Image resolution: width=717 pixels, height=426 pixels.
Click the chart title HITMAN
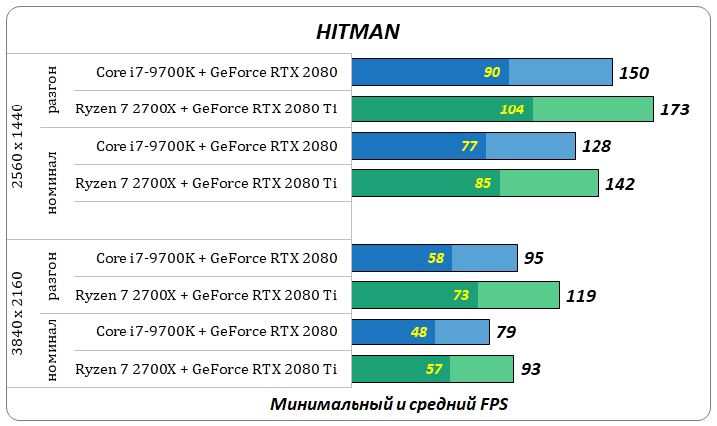(x=358, y=31)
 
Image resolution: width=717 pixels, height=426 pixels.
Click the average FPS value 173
(x=675, y=109)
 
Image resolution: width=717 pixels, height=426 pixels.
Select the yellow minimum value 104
(x=512, y=109)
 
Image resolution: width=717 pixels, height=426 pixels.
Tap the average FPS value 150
(x=634, y=73)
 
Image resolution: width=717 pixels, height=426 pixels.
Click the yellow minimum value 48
(x=419, y=332)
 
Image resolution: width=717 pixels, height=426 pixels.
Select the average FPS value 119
(x=580, y=296)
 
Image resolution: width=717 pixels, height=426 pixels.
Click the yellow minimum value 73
(x=461, y=296)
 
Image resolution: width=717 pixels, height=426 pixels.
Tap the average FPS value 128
(x=597, y=147)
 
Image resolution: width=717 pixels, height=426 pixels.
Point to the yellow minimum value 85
(x=483, y=184)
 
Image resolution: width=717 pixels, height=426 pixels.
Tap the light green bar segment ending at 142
(x=550, y=184)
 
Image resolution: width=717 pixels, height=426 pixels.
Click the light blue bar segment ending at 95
(x=485, y=258)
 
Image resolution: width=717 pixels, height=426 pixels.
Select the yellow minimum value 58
(x=436, y=258)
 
